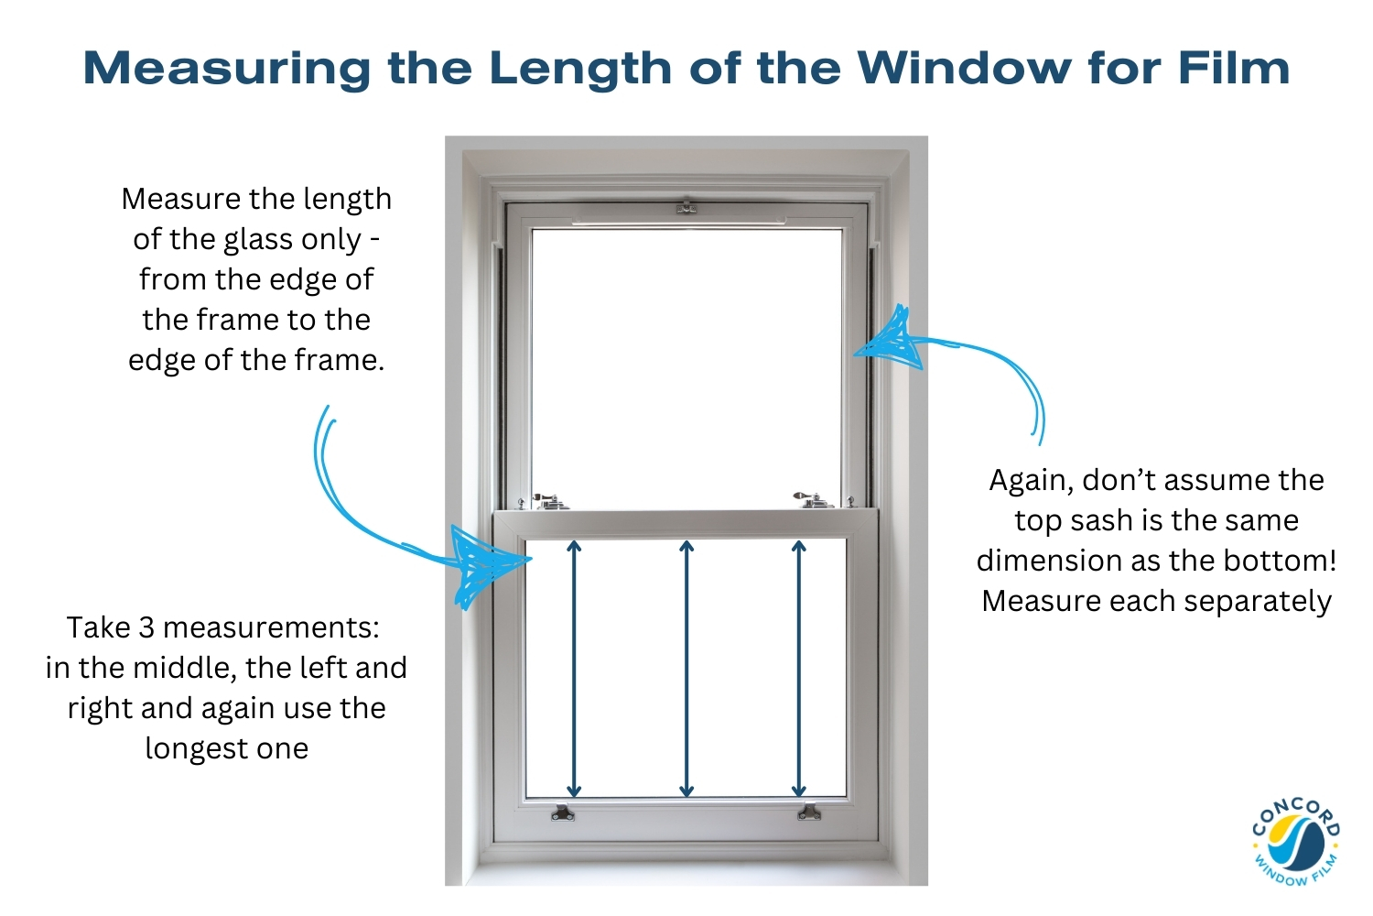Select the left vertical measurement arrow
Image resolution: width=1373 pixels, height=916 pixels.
click(574, 669)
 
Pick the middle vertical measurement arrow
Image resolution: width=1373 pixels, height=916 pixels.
click(686, 669)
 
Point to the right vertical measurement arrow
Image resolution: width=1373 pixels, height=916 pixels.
click(799, 669)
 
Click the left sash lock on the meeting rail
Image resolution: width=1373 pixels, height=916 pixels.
click(550, 501)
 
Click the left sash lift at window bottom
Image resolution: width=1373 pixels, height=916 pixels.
click(562, 812)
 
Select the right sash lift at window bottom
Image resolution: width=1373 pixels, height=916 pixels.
click(808, 812)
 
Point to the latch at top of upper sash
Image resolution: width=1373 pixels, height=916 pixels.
click(686, 207)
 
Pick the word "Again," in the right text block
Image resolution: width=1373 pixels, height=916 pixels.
click(1031, 481)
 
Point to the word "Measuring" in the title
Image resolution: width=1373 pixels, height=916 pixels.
click(227, 69)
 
